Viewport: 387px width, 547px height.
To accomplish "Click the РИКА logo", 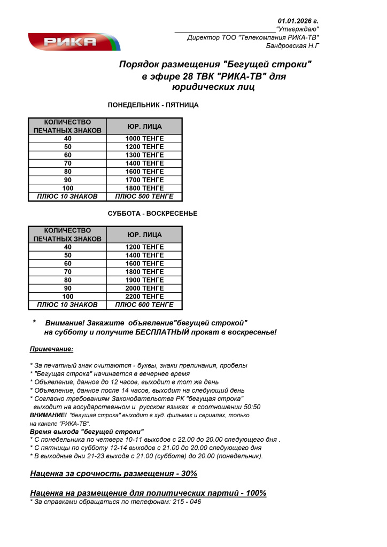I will [x=74, y=42].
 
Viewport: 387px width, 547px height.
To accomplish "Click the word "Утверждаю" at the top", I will [x=297, y=28].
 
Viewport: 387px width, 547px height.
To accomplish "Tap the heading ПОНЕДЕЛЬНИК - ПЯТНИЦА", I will [x=153, y=105].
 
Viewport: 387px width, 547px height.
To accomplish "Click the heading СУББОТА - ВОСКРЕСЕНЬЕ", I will [x=152, y=214].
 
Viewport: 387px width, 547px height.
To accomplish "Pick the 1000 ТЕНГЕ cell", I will [x=144, y=139].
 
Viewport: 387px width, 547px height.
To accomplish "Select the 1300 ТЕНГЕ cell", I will [x=144, y=155].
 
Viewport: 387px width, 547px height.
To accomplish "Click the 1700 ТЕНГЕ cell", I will [x=144, y=180].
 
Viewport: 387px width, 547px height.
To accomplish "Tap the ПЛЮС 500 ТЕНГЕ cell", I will [x=144, y=197].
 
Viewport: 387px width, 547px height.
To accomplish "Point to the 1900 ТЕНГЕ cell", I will [x=144, y=280].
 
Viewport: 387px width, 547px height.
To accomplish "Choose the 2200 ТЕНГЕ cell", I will [x=144, y=296].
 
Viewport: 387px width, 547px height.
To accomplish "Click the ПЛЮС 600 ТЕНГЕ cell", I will [x=144, y=305].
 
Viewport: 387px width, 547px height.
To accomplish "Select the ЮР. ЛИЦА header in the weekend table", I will [x=144, y=235].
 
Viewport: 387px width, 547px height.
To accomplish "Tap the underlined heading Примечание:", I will [x=51, y=349].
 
